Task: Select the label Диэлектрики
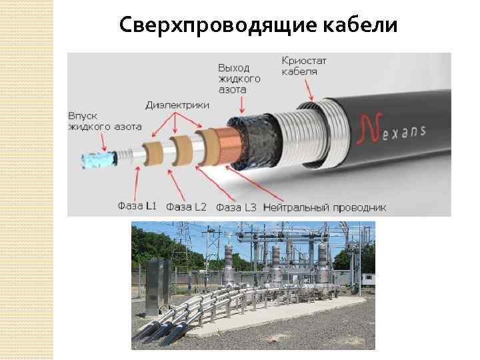tap(177, 105)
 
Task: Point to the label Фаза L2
tap(187, 207)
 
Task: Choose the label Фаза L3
tap(236, 207)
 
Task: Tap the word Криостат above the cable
tap(304, 61)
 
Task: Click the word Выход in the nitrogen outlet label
tap(235, 68)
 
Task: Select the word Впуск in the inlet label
tap(83, 116)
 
